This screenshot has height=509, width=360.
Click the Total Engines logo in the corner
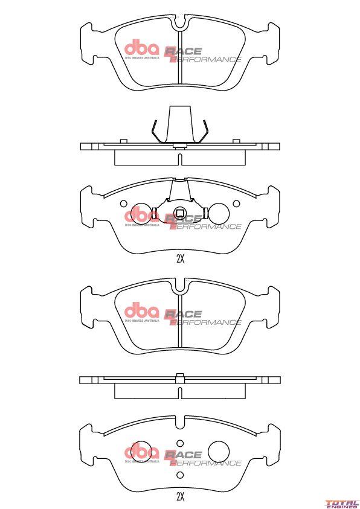pos(341,502)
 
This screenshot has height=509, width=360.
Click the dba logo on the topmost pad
pos(141,49)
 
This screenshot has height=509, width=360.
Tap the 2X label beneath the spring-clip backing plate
pos(179,259)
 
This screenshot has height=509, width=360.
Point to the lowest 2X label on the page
pos(179,496)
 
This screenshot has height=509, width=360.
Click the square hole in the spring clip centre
pos(179,213)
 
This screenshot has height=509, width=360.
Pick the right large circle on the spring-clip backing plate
pos(218,213)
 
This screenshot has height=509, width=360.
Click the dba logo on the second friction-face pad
pos(141,312)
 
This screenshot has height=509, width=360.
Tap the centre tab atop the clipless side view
pos(179,377)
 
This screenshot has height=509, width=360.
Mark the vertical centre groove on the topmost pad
pos(179,60)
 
